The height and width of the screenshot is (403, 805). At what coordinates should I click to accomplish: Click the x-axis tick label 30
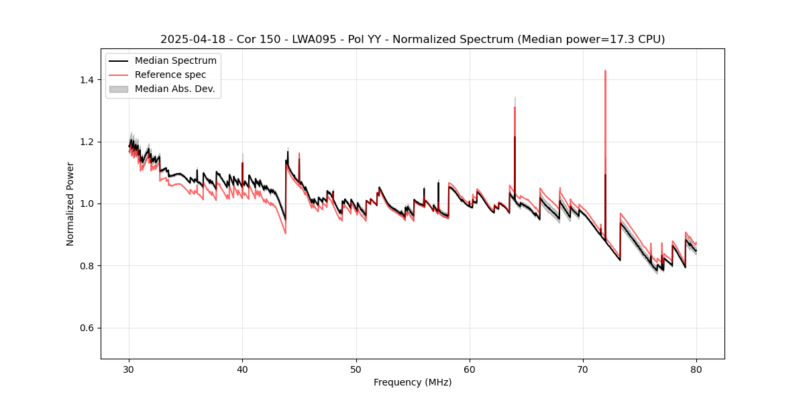(129, 369)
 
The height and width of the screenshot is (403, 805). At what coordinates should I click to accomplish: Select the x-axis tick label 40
(243, 369)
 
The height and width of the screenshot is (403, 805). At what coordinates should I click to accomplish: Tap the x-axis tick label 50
(356, 369)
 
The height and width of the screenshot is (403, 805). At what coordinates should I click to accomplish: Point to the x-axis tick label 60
(470, 369)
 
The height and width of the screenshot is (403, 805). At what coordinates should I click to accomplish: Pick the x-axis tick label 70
(583, 369)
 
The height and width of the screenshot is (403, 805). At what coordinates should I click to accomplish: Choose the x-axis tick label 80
(696, 369)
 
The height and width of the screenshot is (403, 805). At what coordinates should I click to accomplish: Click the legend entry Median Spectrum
(176, 61)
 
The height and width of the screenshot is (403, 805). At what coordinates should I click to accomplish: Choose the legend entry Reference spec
(170, 75)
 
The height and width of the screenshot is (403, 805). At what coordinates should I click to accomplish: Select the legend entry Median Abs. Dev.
(175, 89)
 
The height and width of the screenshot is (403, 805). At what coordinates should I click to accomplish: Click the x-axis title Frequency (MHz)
(413, 382)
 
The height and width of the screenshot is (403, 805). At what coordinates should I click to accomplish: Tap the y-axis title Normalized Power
(70, 204)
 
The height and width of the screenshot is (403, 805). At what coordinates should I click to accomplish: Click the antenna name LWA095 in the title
(315, 40)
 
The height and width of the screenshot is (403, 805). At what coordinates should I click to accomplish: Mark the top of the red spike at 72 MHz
(605, 71)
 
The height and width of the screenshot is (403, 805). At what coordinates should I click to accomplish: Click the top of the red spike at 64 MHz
(515, 107)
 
